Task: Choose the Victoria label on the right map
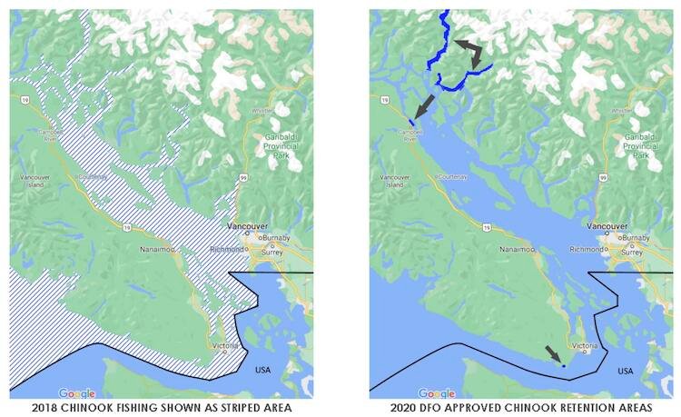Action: point(585,345)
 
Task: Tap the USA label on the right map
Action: point(626,371)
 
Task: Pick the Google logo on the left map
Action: point(77,392)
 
